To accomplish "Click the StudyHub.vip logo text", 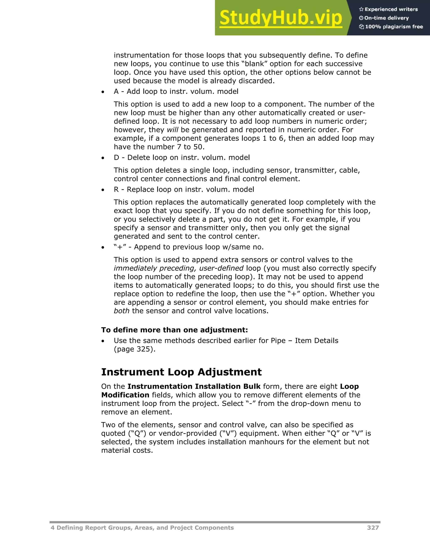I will [281, 18].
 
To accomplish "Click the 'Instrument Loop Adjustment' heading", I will [181, 372].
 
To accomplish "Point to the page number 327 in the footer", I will [373, 528].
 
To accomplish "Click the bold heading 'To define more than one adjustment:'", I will [174, 330].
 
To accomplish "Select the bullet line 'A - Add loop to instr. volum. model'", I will [176, 91].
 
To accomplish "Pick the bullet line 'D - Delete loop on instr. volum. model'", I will [182, 158].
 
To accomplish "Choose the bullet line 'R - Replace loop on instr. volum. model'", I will [184, 189].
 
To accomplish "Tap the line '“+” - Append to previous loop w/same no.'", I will [189, 247].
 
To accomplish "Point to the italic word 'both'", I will [122, 311].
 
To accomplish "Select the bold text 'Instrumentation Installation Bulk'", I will [194, 386].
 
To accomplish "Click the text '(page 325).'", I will [135, 349].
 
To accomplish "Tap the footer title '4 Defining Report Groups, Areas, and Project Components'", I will [142, 528].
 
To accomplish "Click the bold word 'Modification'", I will [125, 395].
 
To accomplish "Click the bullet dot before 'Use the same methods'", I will [103, 341].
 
